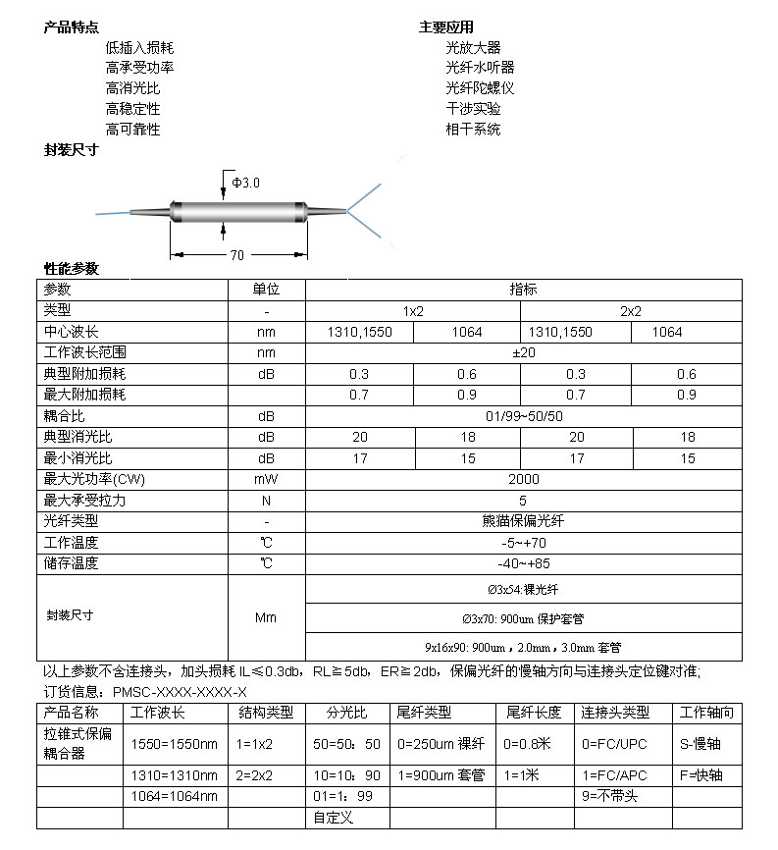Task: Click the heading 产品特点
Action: (71, 27)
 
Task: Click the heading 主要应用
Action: (445, 27)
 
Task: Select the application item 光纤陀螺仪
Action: (480, 87)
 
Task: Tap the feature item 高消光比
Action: (132, 88)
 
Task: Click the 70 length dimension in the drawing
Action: (237, 255)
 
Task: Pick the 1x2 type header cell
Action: (413, 310)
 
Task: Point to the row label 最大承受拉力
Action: (85, 501)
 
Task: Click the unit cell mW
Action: (266, 479)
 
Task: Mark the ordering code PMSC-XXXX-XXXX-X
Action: (181, 692)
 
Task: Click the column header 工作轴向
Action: (706, 713)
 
